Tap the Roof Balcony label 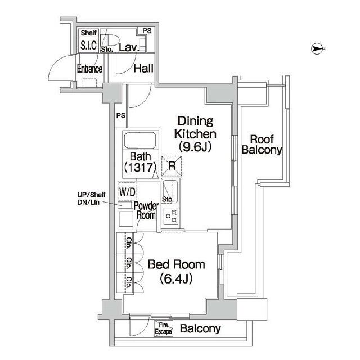262,145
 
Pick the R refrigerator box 172,166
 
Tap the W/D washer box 127,192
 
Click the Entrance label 89,69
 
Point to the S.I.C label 88,46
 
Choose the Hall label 143,69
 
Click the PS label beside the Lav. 147,31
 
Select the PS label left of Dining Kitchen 120,115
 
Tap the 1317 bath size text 140,167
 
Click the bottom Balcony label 200,329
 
